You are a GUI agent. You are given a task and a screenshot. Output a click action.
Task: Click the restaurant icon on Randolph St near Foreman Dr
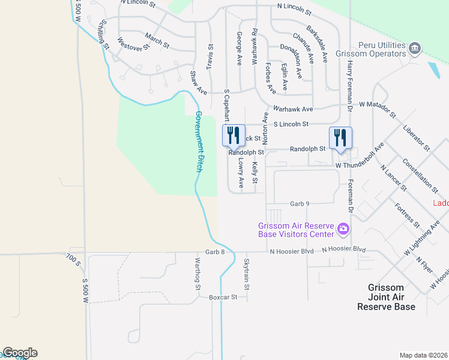point(340,137)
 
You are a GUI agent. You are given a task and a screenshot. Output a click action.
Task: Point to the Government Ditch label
point(199,142)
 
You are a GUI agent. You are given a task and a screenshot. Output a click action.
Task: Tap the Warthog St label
point(197,274)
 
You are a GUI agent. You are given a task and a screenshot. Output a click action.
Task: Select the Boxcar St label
point(223,297)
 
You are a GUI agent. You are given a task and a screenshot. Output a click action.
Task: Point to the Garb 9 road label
point(299,204)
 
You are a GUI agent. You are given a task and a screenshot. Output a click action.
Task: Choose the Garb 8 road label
point(214,252)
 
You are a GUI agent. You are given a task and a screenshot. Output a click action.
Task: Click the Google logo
point(20,353)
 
